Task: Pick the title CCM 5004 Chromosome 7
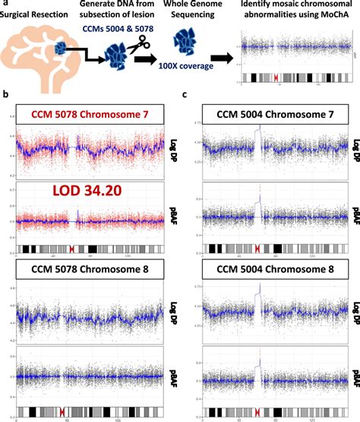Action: (x=267, y=114)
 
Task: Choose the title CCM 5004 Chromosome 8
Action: (x=267, y=268)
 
